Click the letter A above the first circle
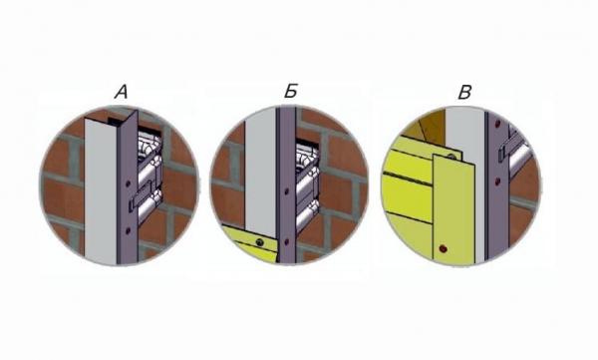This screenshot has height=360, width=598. tap(122, 93)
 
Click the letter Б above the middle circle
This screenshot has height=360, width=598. tap(291, 91)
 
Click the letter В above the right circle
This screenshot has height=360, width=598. tap(464, 93)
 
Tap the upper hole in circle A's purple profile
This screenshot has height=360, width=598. tap(129, 183)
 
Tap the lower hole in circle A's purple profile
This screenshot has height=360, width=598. tap(129, 230)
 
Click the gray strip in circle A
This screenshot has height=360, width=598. tap(101, 190)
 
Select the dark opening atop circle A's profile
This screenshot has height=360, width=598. tap(116, 121)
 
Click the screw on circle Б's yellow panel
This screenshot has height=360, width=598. tap(260, 242)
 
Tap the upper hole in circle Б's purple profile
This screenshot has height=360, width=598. tap(286, 191)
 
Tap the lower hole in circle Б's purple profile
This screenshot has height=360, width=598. tap(286, 241)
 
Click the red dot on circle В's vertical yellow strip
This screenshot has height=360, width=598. tap(443, 249)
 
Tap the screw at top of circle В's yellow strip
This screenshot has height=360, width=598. tap(451, 157)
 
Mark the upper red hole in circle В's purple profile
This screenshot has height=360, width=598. tap(497, 124)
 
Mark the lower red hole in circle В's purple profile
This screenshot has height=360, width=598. tap(497, 181)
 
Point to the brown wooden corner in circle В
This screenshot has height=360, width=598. tap(428, 126)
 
